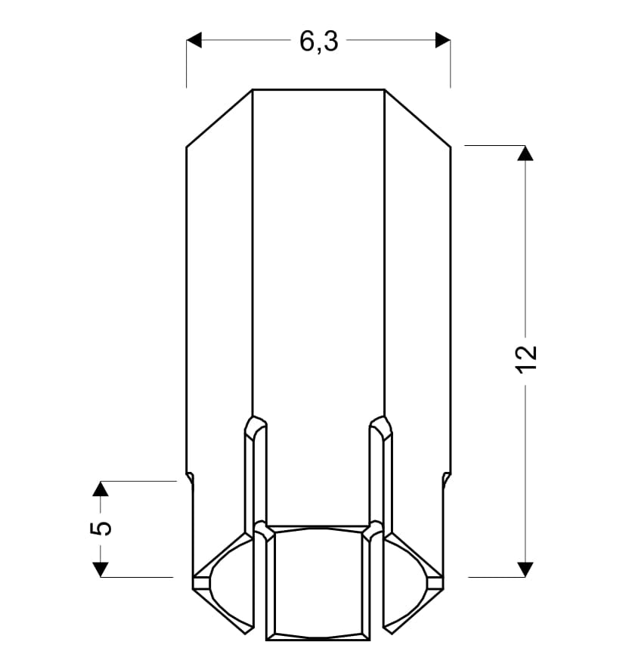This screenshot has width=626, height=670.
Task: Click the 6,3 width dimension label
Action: tap(319, 42)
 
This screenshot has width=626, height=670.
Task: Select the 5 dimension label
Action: tap(101, 528)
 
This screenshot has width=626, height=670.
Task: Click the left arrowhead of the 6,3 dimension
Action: tap(194, 40)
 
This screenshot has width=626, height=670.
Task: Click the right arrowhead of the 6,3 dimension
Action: tap(443, 40)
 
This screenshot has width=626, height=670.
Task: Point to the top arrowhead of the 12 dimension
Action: tap(525, 153)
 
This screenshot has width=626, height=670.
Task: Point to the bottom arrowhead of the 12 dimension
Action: tap(525, 569)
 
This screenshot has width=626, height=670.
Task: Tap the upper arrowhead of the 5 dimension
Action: tap(101, 489)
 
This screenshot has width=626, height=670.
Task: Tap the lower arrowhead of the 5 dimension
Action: tap(101, 569)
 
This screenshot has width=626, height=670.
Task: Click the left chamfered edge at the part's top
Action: tap(219, 119)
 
